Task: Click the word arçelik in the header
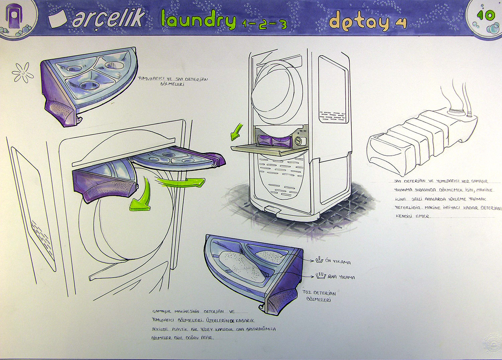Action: pos(108,18)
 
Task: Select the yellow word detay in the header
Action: pos(359,21)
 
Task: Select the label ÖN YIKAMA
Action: pos(338,262)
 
